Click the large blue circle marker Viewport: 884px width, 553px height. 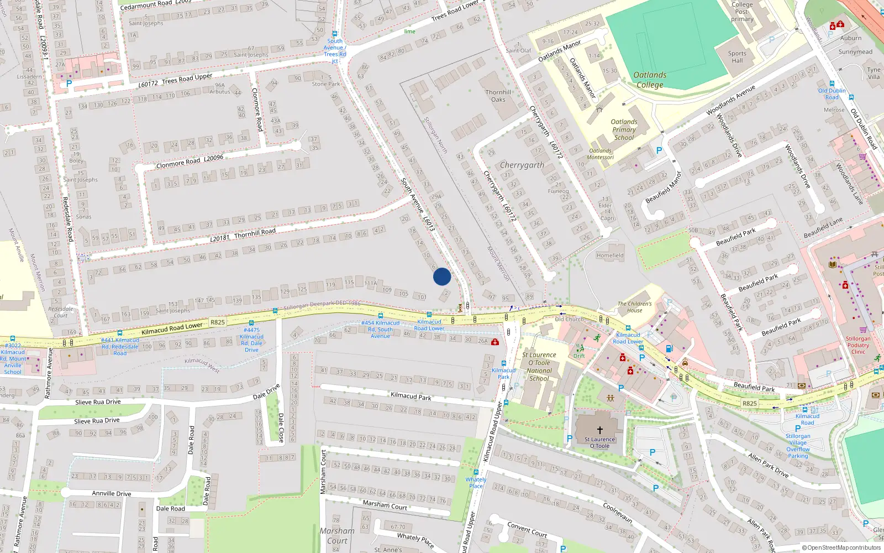(x=442, y=276)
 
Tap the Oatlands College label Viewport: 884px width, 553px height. (x=650, y=80)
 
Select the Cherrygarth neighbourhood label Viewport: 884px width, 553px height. (x=522, y=165)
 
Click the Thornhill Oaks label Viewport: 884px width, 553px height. (x=498, y=96)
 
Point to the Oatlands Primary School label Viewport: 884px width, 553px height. (x=624, y=129)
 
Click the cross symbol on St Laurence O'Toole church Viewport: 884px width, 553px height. (x=599, y=430)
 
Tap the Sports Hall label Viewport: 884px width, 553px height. (x=737, y=57)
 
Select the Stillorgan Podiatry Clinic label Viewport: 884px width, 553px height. (x=858, y=345)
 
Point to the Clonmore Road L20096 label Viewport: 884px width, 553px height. (x=190, y=161)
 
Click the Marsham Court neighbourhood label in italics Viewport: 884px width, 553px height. (x=337, y=535)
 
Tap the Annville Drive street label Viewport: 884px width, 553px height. (x=112, y=493)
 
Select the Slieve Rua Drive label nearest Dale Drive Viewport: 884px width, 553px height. (x=98, y=402)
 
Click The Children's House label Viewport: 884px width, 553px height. (x=634, y=307)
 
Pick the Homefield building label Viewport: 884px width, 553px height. (x=610, y=255)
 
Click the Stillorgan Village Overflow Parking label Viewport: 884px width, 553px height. (x=798, y=446)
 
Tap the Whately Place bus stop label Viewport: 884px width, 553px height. (x=476, y=483)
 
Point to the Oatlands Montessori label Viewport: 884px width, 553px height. (x=600, y=154)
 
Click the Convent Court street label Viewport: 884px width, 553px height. (x=527, y=530)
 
